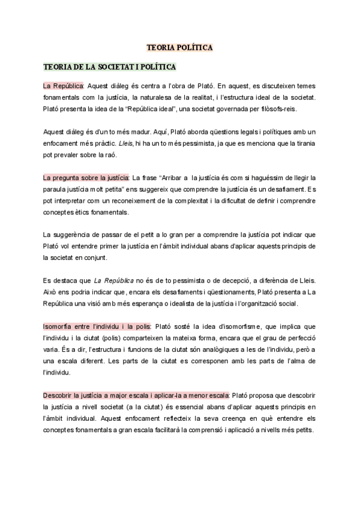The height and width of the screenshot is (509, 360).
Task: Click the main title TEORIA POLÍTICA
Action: [x=180, y=46]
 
